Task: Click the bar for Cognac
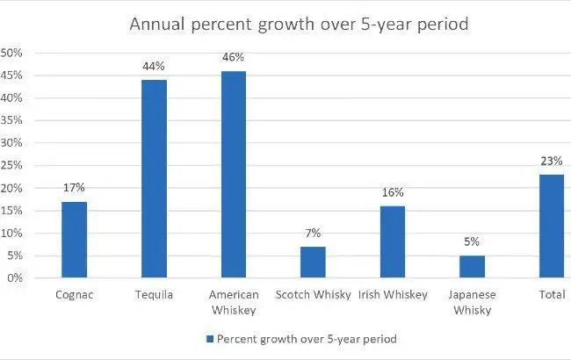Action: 74,240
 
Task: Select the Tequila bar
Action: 154,179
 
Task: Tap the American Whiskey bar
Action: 234,175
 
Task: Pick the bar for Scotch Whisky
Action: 313,263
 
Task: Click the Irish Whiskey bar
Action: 393,242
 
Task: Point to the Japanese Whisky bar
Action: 472,267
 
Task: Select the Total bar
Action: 552,227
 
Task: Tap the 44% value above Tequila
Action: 154,65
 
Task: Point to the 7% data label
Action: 313,233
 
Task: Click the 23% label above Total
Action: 552,160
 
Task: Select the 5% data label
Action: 472,241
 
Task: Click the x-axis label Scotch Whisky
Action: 313,296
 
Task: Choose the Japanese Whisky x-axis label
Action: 472,303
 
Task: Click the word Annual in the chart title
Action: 156,24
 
